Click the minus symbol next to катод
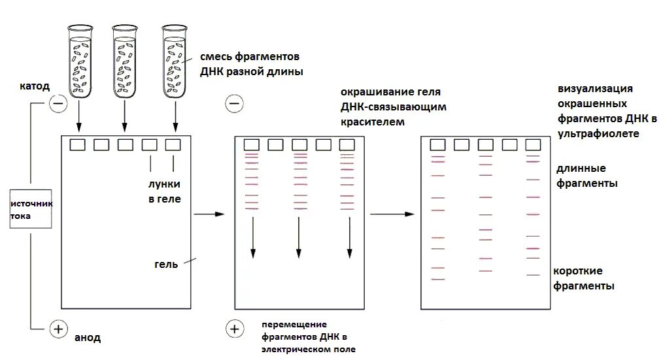point(58,103)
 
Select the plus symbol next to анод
point(58,329)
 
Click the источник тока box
point(31,209)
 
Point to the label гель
point(166,265)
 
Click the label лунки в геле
point(163,191)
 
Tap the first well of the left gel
point(78,144)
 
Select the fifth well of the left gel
point(173,144)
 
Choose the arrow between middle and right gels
point(392,214)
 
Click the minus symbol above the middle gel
point(234,103)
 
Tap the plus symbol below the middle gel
point(234,329)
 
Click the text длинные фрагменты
point(586,176)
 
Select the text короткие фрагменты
point(583,278)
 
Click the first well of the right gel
point(437,144)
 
